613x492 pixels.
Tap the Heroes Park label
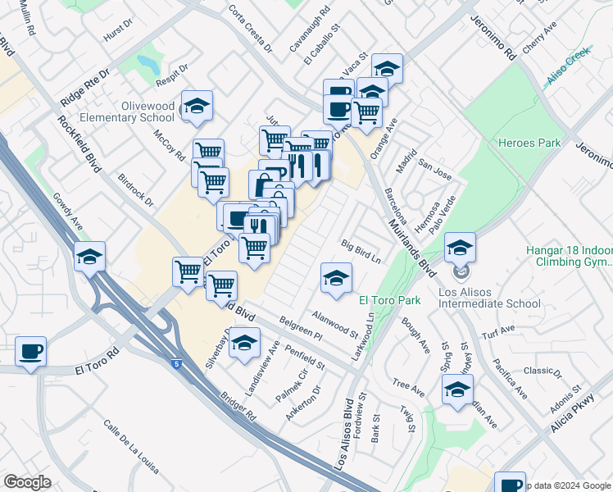coord(529,143)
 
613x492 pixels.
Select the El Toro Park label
coord(390,300)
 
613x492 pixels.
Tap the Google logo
coord(27,481)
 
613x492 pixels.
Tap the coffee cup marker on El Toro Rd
coord(31,351)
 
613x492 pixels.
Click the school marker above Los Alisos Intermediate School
coord(461,247)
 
